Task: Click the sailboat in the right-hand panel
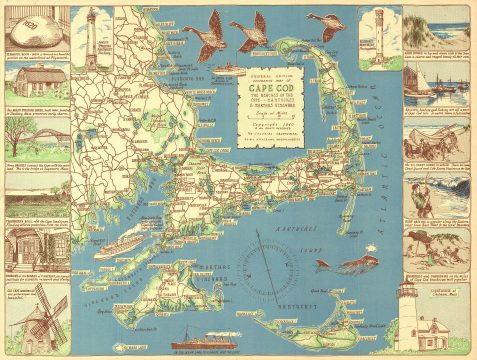pyautogui.click(x=441, y=80)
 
